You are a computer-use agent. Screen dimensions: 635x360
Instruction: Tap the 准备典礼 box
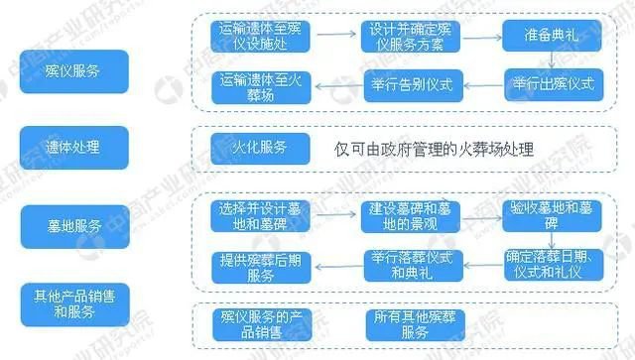tap(551, 38)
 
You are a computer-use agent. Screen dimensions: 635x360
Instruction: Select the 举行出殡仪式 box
tap(553, 84)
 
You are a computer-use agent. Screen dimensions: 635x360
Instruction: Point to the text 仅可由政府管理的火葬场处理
tap(434, 150)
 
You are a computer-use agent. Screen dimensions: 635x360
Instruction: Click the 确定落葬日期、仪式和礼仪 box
tap(553, 262)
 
